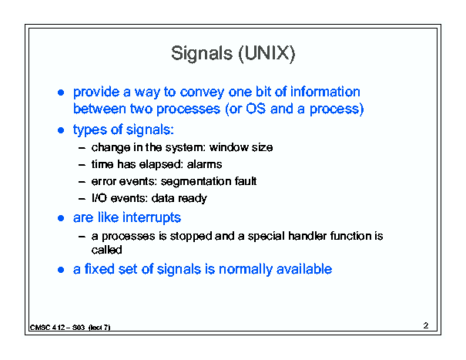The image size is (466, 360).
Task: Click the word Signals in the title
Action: (x=202, y=54)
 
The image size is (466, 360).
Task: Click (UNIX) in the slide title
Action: (x=267, y=54)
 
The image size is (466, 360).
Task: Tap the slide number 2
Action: (x=426, y=325)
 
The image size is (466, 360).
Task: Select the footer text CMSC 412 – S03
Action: (x=57, y=328)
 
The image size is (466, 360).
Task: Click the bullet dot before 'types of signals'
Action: (x=61, y=130)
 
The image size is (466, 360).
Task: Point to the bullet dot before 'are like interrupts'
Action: (x=61, y=218)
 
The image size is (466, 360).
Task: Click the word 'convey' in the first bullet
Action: (x=202, y=93)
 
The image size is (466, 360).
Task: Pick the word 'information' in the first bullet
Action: (x=325, y=91)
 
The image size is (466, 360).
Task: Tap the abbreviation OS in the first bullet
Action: (x=256, y=109)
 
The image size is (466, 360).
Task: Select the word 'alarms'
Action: (x=204, y=164)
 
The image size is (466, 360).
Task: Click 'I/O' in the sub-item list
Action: (x=99, y=198)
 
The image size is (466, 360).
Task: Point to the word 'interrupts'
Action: (x=152, y=217)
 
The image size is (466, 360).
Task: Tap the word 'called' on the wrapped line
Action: (x=107, y=250)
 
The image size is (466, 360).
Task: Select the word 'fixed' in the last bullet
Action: (x=99, y=269)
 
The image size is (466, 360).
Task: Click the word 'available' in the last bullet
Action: (x=304, y=269)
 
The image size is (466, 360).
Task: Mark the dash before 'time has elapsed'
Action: (x=82, y=165)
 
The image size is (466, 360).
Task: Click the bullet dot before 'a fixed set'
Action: (x=61, y=270)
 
